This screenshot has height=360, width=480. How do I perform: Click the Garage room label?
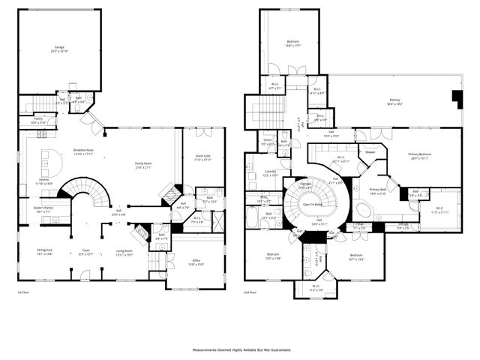tap(58, 49)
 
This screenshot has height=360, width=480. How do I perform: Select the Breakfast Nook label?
tap(83, 151)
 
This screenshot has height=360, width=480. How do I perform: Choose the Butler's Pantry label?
tap(43, 209)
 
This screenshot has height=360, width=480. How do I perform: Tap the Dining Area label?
tap(44, 252)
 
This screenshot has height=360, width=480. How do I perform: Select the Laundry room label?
tap(259, 174)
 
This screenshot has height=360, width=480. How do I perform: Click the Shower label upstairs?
tap(370, 152)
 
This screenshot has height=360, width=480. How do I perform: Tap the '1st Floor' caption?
tap(23, 292)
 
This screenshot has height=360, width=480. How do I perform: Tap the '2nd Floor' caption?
tap(250, 292)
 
